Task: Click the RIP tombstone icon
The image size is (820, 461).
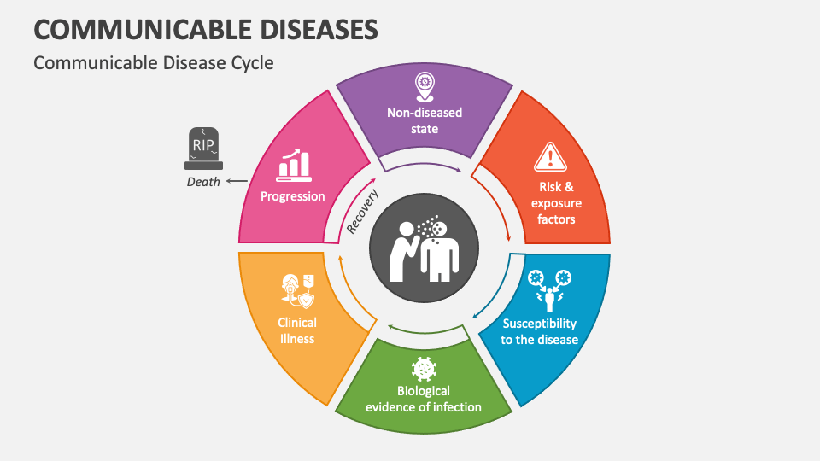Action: (202, 148)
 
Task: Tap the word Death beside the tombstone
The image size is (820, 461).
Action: (203, 181)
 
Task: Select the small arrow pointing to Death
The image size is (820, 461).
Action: (237, 181)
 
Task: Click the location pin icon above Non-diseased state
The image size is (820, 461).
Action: (424, 85)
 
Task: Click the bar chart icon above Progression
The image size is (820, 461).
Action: (292, 166)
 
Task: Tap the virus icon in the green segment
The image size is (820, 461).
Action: (423, 369)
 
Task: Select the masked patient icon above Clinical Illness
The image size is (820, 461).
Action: (296, 291)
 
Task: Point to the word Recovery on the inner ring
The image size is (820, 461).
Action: (363, 212)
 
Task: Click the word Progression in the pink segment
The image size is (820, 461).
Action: (293, 196)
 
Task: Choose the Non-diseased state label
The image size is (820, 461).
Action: (424, 120)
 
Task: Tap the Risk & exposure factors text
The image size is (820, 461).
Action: (556, 203)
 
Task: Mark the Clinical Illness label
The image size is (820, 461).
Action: (296, 330)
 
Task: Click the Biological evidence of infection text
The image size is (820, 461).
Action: (423, 400)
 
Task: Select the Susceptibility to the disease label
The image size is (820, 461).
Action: (540, 331)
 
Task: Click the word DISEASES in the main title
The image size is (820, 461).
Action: (295, 29)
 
